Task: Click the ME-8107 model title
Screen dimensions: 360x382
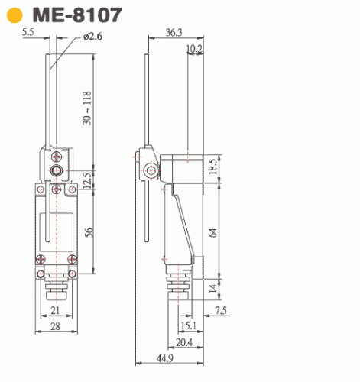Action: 77,15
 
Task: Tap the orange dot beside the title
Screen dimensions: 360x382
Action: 15,15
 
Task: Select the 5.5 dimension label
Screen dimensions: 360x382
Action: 28,32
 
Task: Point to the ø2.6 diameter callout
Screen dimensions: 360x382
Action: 92,36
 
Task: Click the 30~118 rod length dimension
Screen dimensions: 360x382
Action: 87,108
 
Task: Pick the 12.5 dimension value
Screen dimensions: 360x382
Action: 87,180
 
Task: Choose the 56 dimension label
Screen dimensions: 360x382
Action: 89,232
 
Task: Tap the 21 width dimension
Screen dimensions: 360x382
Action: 55,310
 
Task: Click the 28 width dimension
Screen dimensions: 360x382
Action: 56,326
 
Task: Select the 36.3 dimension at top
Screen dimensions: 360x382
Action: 174,33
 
